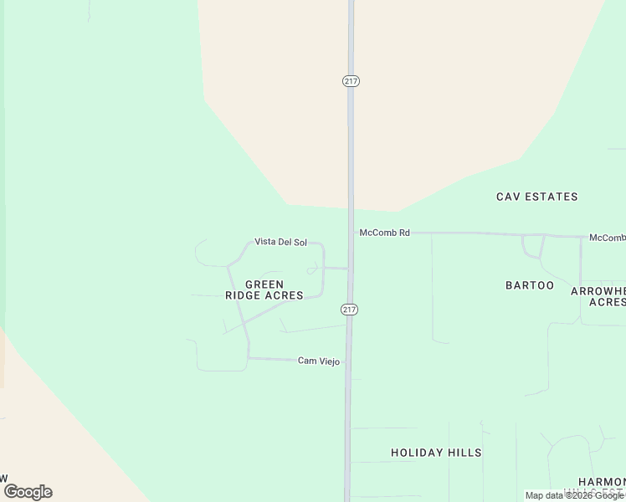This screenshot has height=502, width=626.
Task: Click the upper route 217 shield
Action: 351,80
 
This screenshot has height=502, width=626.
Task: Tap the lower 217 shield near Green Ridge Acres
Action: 350,310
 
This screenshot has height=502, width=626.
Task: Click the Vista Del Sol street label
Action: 280,242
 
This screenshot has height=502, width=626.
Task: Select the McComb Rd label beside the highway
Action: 384,233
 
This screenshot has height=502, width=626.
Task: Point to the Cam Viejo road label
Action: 319,361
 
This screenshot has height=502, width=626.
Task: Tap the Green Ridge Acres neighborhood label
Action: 264,289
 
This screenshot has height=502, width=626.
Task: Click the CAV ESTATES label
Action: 536,197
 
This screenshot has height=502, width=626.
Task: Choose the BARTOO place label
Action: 530,285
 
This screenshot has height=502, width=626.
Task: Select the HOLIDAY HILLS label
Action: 436,453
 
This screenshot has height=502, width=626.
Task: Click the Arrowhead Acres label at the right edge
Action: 598,296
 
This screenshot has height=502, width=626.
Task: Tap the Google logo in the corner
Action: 28,492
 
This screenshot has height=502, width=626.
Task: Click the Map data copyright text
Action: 574,495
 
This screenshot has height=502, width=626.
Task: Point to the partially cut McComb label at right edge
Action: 607,238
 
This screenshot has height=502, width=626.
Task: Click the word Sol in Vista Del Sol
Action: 300,242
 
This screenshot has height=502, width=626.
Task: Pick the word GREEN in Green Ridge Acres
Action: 264,284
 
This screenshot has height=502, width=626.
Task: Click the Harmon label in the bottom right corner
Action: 602,483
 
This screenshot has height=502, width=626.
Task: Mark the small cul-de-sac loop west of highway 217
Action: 312,269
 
